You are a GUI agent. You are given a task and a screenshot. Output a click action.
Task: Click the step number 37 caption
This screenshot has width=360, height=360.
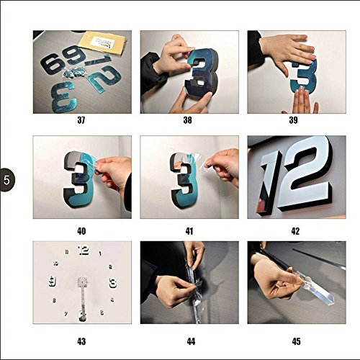coord(81,120)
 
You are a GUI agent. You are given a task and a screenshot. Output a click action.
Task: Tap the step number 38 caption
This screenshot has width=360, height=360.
coord(187,120)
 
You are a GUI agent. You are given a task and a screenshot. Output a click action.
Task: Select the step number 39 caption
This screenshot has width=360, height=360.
coord(293,120)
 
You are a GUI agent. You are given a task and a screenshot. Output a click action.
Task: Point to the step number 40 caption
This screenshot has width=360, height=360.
coord(81,231)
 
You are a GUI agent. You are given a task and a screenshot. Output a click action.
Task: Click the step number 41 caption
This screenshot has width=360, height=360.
coord(189,231)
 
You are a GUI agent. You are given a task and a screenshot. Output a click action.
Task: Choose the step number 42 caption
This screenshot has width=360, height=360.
coord(295,231)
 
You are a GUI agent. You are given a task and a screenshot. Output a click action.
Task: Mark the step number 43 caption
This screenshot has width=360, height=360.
coord(81,341)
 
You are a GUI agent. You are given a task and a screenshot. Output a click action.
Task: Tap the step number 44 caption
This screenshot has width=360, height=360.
coord(191,341)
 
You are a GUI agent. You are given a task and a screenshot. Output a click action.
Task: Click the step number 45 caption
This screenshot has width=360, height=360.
coord(296,341)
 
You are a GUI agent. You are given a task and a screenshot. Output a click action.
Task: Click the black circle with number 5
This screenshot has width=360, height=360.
coord(7,180)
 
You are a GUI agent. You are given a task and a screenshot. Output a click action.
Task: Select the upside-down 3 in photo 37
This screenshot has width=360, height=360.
coord(64,96)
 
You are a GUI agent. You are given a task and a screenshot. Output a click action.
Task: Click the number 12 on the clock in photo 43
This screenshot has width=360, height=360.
coord(84,251)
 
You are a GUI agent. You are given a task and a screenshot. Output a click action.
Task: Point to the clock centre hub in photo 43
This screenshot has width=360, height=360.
coord(82,282)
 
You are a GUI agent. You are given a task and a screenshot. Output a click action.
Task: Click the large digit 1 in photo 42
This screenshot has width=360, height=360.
coord(271,182)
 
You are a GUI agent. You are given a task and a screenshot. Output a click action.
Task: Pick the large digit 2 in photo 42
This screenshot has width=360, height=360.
coord(307,173)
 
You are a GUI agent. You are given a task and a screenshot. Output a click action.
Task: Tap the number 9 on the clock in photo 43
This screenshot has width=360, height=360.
coord(53,282)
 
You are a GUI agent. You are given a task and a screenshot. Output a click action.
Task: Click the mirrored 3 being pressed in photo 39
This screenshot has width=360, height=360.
coord(305,77)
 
